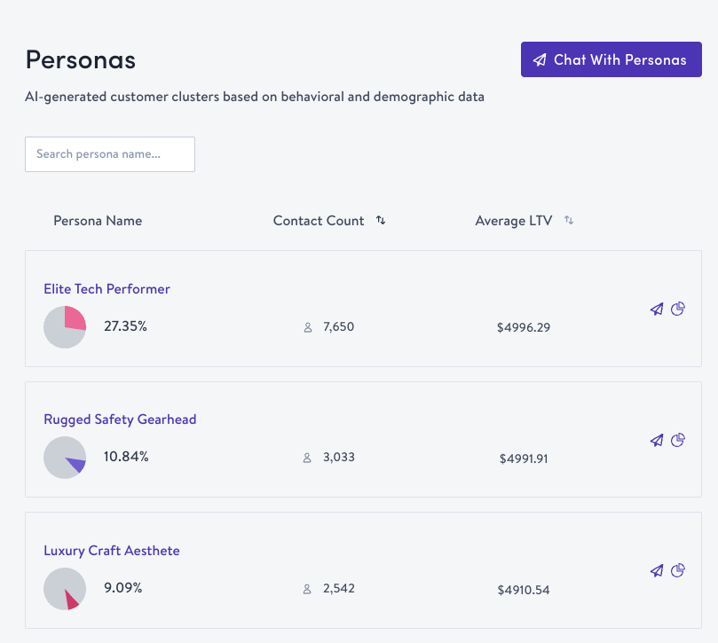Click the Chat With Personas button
[611, 60]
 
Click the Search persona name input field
[110, 154]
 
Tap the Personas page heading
[81, 59]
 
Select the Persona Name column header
[98, 221]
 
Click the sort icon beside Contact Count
[381, 221]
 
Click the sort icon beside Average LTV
[569, 221]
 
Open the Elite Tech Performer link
[107, 289]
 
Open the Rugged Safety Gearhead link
[120, 420]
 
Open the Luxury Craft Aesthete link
[112, 551]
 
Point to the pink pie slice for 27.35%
[74, 319]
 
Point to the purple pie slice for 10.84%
[76, 464]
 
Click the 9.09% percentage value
[123, 588]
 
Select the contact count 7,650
[338, 327]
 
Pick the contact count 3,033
[338, 458]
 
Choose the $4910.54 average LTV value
[524, 590]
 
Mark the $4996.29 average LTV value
[524, 328]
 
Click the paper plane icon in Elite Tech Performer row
[657, 310]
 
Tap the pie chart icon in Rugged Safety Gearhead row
[678, 440]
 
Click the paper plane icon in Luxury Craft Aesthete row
[657, 571]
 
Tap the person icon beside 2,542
[308, 589]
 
